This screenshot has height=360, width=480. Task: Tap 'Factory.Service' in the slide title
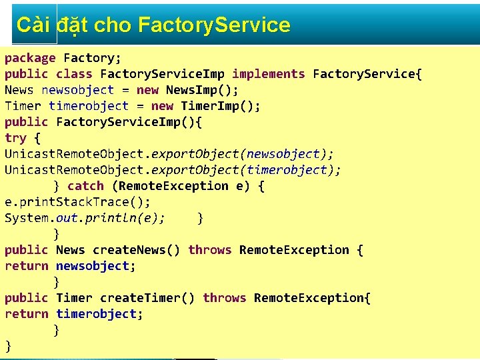(214, 25)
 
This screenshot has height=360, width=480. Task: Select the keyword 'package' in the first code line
(30, 58)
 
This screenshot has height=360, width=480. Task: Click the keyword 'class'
(74, 74)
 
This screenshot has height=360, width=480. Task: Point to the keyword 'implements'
(269, 74)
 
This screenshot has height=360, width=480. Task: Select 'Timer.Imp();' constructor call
(221, 106)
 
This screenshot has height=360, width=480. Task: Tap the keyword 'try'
(15, 138)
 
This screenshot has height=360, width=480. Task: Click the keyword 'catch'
(86, 186)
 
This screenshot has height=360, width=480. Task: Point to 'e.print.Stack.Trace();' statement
(78, 202)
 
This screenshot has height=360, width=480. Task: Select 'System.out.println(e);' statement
(85, 218)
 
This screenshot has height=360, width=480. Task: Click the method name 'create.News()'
(137, 250)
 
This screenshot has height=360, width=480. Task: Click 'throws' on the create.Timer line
(225, 298)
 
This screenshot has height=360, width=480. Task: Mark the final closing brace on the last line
(8, 345)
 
